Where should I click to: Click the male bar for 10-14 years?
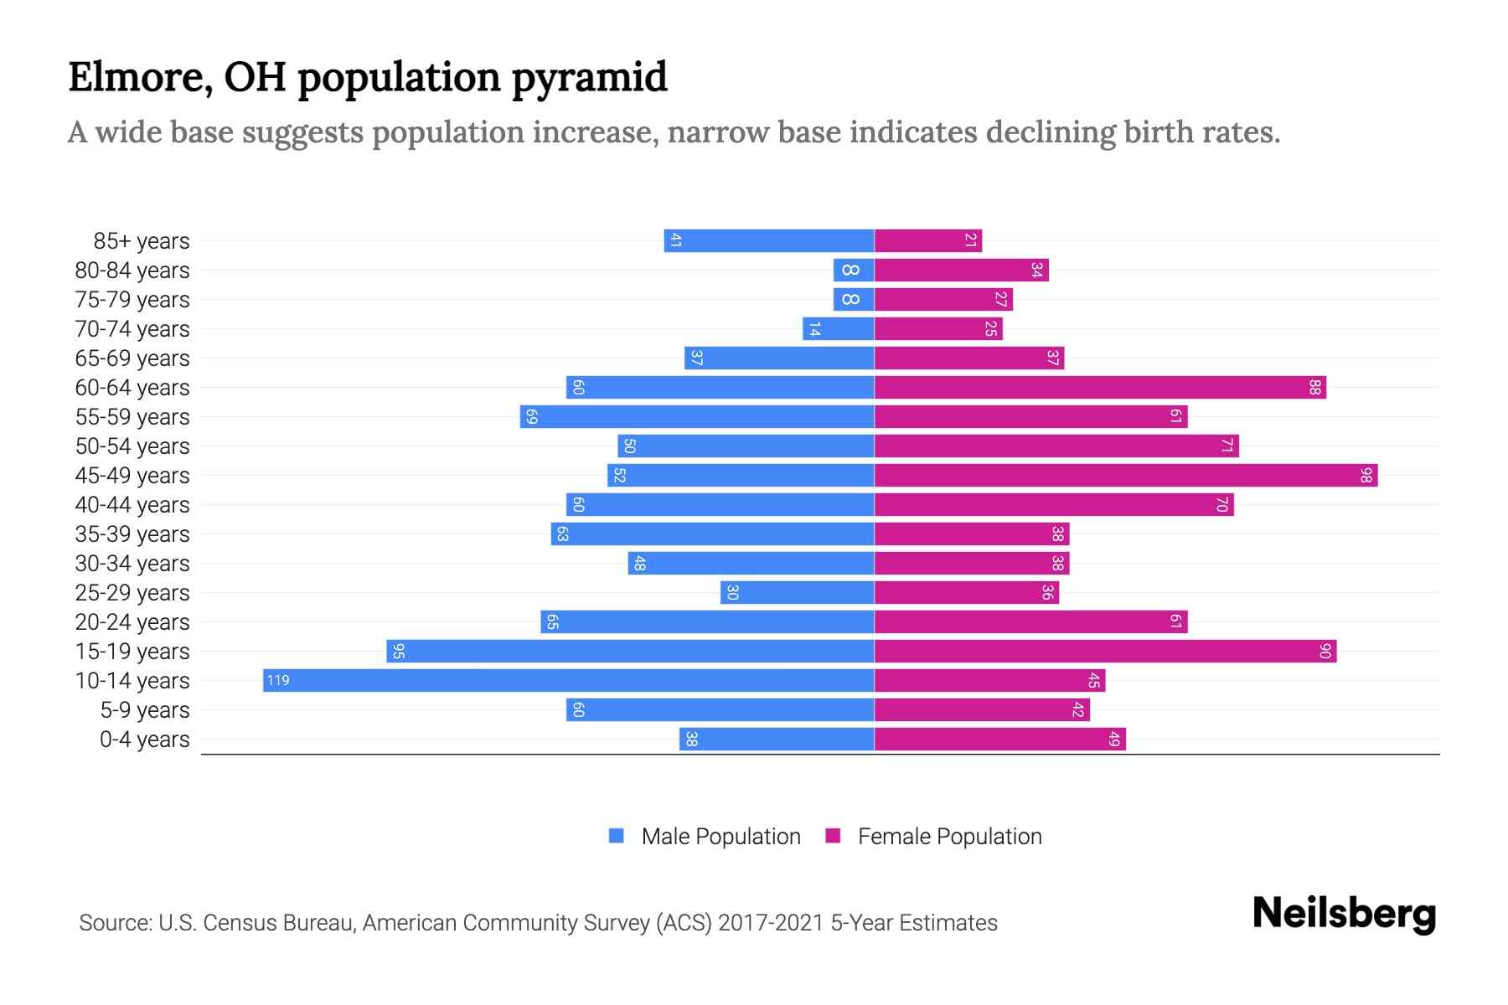click(570, 680)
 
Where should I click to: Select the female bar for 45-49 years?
click(1125, 476)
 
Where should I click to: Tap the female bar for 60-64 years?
click(1099, 388)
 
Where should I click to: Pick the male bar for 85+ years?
click(769, 241)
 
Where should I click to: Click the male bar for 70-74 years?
click(839, 329)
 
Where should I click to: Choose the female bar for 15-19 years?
click(1105, 652)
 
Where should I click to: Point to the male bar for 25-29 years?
click(798, 593)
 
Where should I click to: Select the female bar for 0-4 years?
click(999, 740)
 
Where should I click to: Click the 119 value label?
click(278, 680)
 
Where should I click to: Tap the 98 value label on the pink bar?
click(1366, 476)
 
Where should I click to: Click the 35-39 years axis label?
click(132, 534)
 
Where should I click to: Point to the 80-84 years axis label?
click(132, 271)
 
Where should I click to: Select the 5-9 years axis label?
click(144, 710)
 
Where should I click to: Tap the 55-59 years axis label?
click(132, 417)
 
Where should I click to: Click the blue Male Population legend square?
click(617, 836)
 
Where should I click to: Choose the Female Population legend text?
click(949, 837)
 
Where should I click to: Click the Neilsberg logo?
click(1344, 914)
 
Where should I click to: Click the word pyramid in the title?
click(589, 78)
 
